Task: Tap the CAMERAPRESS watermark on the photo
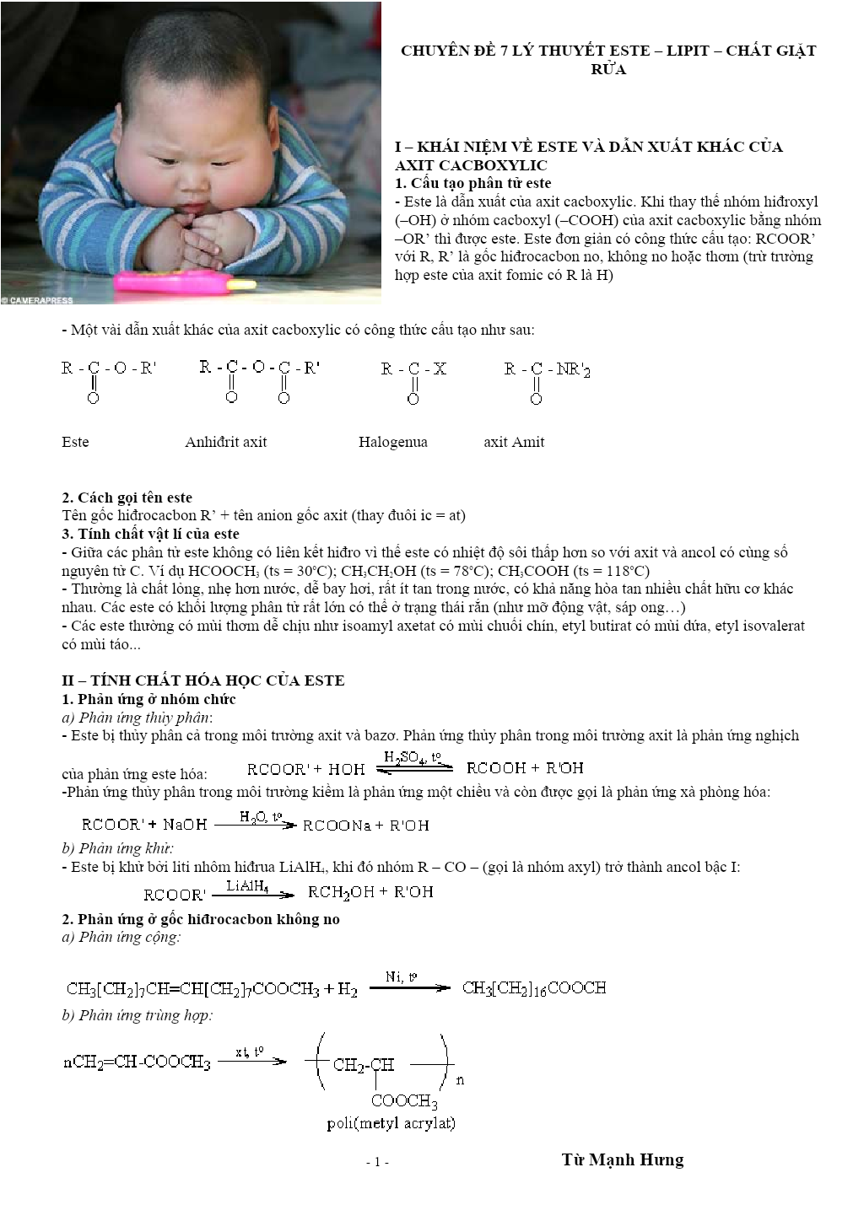38,300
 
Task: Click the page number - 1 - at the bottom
377,1162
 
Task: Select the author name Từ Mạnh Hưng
623,1159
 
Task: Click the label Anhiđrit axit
226,442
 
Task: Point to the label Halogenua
393,442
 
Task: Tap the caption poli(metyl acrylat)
391,1123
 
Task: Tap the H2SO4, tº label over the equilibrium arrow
413,757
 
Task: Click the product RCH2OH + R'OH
370,892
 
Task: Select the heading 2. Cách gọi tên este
127,498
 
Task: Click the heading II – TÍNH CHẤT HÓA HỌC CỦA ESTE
203,680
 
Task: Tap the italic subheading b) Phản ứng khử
117,848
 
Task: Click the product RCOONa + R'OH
365,826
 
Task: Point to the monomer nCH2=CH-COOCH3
137,1062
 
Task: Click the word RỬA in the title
608,69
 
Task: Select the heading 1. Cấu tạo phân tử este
473,183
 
